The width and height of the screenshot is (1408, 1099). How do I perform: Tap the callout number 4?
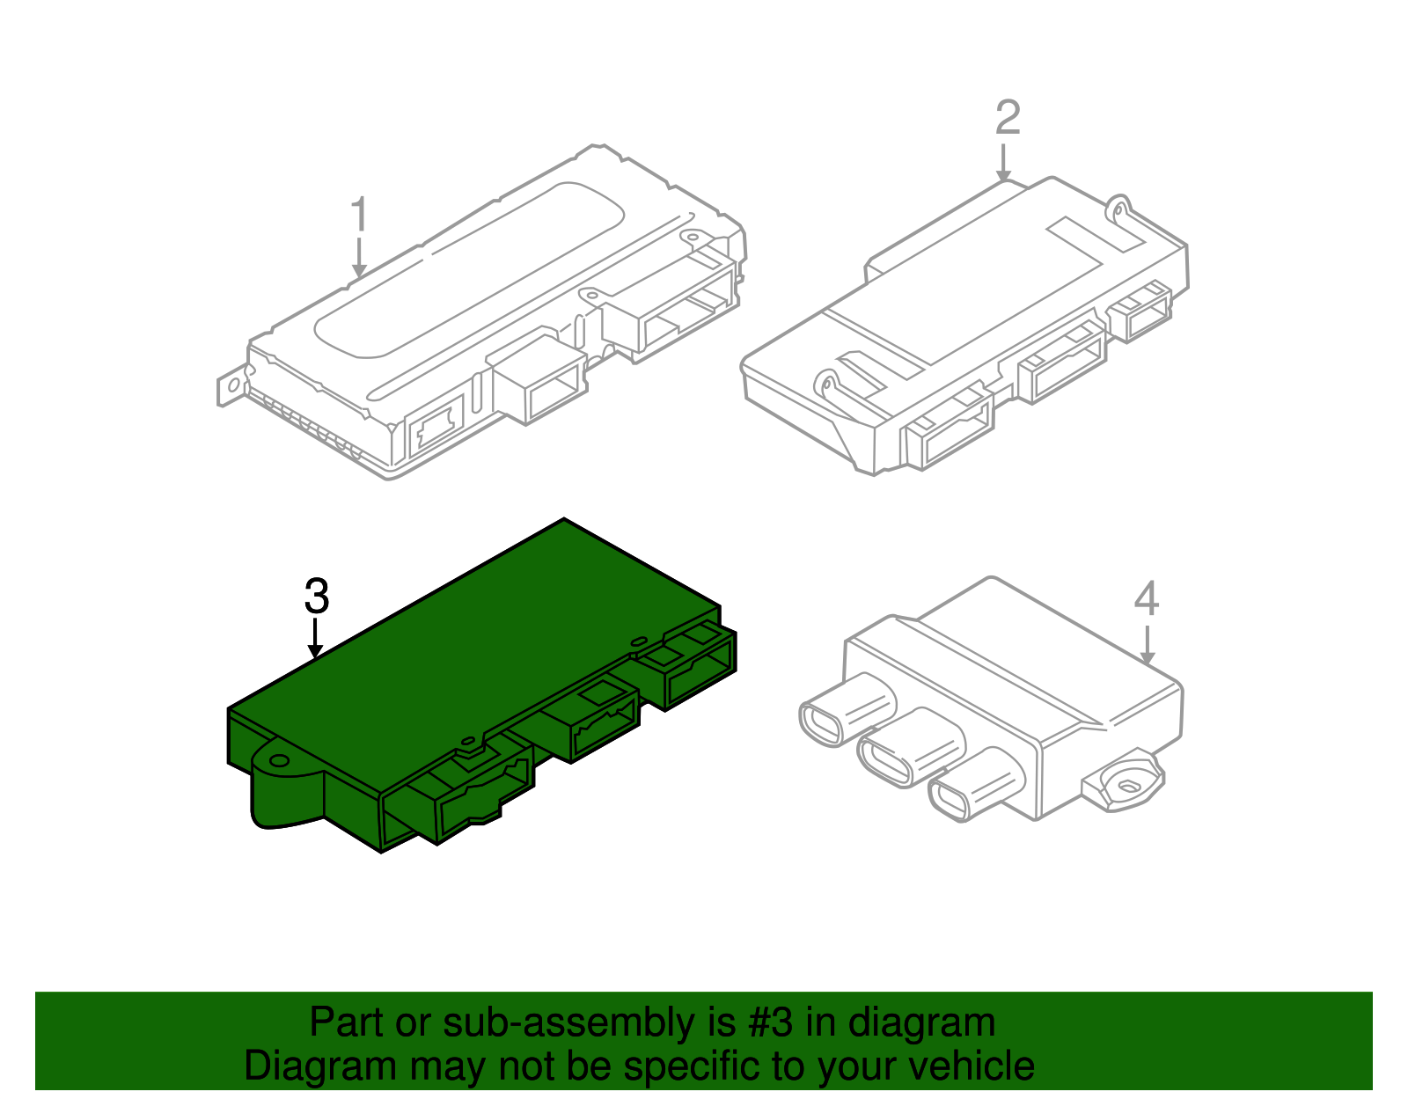point(1146,599)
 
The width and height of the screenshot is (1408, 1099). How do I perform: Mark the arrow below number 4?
point(1147,646)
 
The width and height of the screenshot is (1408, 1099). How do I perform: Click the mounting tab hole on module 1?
point(232,385)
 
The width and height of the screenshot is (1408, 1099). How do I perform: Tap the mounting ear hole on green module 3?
point(279,760)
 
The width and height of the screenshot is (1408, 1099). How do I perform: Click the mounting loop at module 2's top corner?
point(1118,207)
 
